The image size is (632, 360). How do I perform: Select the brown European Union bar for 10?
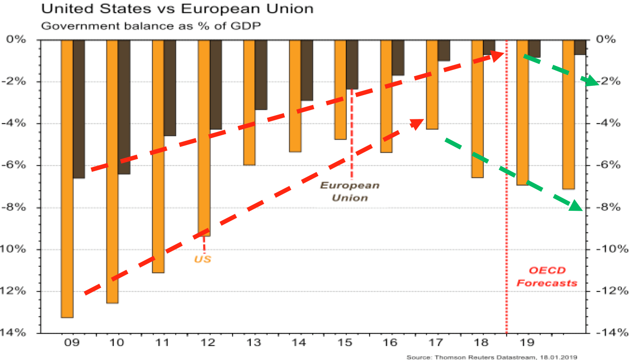coord(124,107)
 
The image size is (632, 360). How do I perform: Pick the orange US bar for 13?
coord(250,103)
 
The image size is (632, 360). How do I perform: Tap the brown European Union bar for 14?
coord(307,70)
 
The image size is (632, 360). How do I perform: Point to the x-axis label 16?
coord(391,343)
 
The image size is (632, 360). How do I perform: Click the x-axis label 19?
coord(528,343)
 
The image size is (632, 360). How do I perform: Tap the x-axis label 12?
coord(208,343)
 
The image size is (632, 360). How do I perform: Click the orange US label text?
coord(203,259)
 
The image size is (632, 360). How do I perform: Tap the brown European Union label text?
coord(350,191)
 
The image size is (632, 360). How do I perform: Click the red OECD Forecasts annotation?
coord(547,277)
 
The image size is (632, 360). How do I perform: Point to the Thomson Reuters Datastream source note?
coord(492,357)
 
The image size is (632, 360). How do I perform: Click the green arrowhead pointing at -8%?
coord(577,206)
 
